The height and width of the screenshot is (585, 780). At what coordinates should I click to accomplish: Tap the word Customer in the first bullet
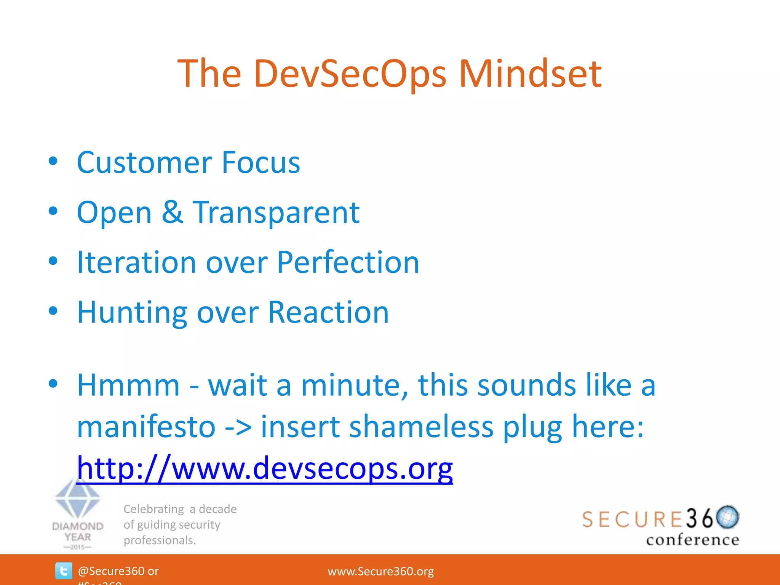pyautogui.click(x=144, y=163)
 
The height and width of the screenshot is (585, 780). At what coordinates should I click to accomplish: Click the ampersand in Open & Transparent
pyautogui.click(x=172, y=212)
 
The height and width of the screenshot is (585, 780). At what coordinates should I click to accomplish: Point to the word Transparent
pyautogui.click(x=276, y=213)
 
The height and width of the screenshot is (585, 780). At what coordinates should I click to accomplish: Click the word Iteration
pyautogui.click(x=136, y=262)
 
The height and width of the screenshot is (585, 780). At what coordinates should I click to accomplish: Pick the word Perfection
pyautogui.click(x=348, y=262)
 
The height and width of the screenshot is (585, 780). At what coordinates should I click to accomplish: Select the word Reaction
pyautogui.click(x=328, y=312)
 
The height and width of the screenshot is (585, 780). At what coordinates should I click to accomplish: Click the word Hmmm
pyautogui.click(x=128, y=385)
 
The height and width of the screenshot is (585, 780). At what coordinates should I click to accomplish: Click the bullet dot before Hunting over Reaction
pyautogui.click(x=53, y=311)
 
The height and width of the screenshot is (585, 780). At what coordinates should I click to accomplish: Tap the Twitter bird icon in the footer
pyautogui.click(x=63, y=571)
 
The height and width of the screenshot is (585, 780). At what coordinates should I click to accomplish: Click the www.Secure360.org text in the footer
pyautogui.click(x=380, y=571)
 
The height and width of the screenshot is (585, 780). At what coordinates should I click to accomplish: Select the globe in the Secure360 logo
pyautogui.click(x=727, y=517)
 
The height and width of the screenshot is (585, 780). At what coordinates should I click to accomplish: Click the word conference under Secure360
pyautogui.click(x=692, y=540)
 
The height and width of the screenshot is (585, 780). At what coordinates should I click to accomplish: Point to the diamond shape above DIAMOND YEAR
pyautogui.click(x=78, y=499)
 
